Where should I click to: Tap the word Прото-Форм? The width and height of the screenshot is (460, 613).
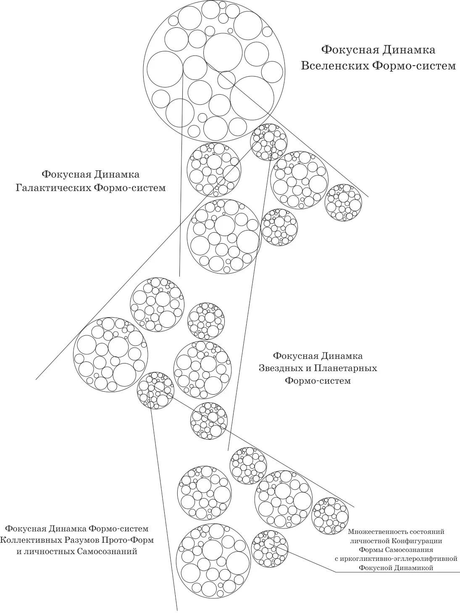[128, 540]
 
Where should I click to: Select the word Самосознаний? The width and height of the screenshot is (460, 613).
[107, 552]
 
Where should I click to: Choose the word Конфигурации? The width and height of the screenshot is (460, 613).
[417, 541]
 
